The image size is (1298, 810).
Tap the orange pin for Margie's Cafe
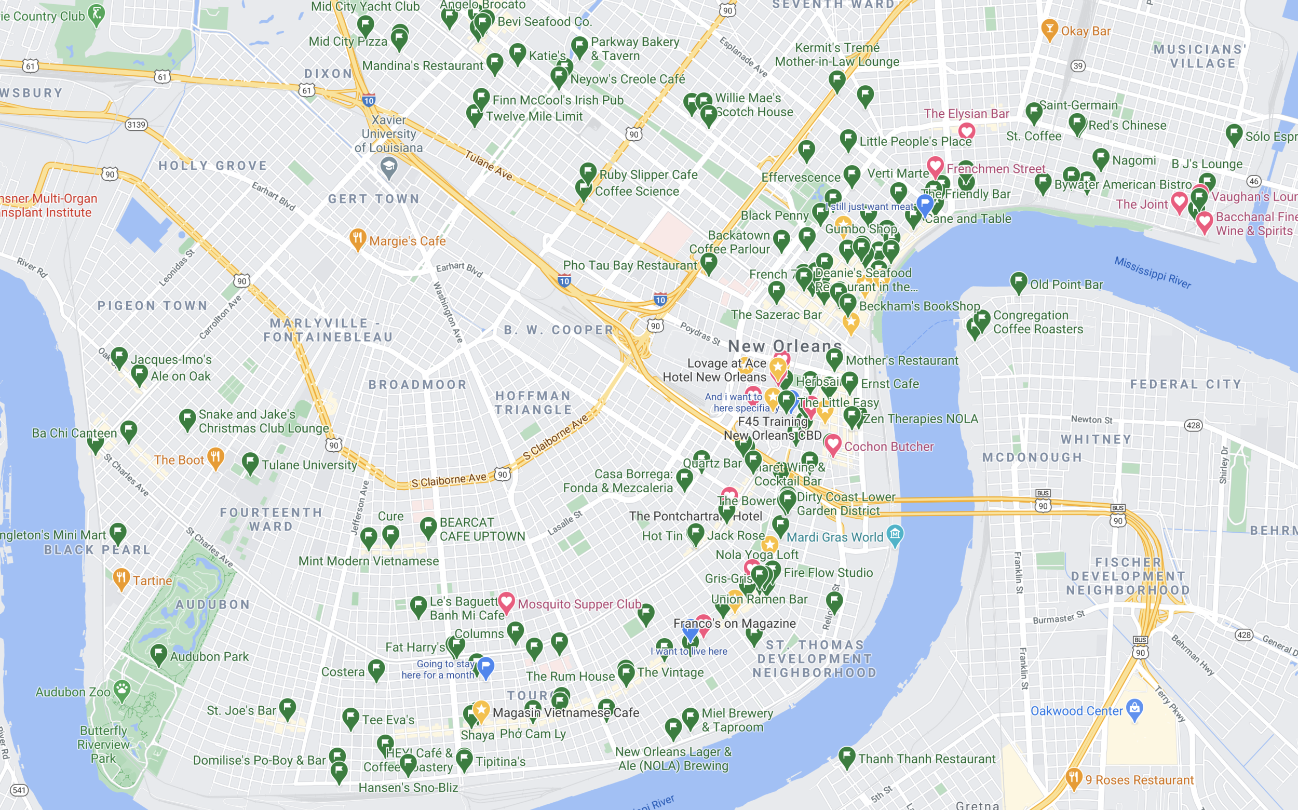[x=357, y=239]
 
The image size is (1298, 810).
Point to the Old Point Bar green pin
[x=1018, y=282]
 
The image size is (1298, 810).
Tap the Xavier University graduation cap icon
[x=388, y=168]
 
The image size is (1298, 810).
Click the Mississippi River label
[x=1152, y=272]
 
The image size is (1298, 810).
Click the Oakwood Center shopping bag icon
[x=1134, y=709]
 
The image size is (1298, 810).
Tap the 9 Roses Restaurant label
[x=1140, y=780]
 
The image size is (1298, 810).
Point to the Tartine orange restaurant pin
[x=121, y=578]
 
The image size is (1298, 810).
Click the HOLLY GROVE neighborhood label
[x=213, y=166]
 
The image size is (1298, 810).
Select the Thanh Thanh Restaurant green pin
[x=847, y=757]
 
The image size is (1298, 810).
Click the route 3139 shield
[x=136, y=125]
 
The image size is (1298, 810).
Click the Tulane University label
[x=309, y=465]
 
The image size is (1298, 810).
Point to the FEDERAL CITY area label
[x=1185, y=384]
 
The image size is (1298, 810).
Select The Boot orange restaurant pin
[x=215, y=458]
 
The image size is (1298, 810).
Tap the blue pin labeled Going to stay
[x=486, y=667]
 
